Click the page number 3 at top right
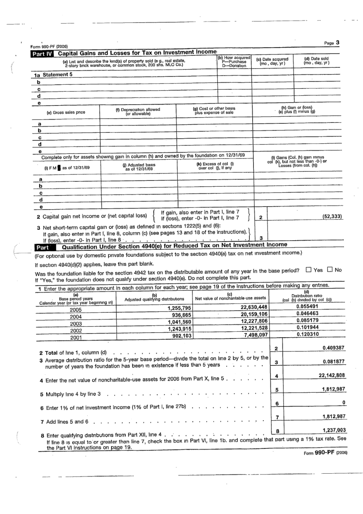click(337, 43)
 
